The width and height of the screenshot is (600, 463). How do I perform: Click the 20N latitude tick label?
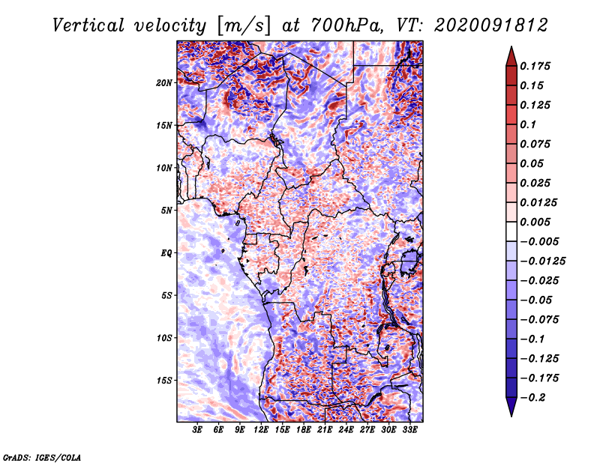pos(164,82)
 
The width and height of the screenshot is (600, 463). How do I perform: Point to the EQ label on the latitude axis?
pos(166,252)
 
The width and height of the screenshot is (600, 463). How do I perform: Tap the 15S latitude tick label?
pos(164,380)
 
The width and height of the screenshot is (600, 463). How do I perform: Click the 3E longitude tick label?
pos(198,431)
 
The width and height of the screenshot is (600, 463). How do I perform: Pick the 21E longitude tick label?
pos(325,431)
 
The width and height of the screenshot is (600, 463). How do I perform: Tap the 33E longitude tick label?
pos(410,431)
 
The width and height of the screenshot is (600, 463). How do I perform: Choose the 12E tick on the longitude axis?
pos(262,431)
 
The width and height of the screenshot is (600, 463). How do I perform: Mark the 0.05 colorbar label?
pos(532,163)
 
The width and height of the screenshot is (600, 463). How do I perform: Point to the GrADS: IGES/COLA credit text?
pos(41,456)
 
